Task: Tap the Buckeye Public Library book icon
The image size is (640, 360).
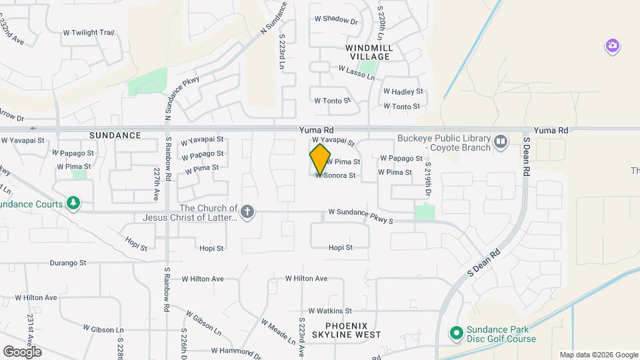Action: [501, 141]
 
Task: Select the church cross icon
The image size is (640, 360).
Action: [247, 213]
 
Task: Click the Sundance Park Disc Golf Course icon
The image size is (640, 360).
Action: [456, 332]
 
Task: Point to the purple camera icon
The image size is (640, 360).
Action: [612, 46]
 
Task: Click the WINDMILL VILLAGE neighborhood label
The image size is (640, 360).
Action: [369, 52]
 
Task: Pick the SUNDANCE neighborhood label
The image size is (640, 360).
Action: [115, 135]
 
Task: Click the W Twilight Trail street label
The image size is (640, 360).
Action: [89, 33]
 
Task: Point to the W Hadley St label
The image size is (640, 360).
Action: [403, 91]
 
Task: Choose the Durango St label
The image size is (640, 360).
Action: [64, 263]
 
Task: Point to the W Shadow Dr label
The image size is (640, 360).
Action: [335, 20]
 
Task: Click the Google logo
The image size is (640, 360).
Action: [22, 351]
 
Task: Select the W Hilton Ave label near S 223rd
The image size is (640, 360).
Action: [306, 278]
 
